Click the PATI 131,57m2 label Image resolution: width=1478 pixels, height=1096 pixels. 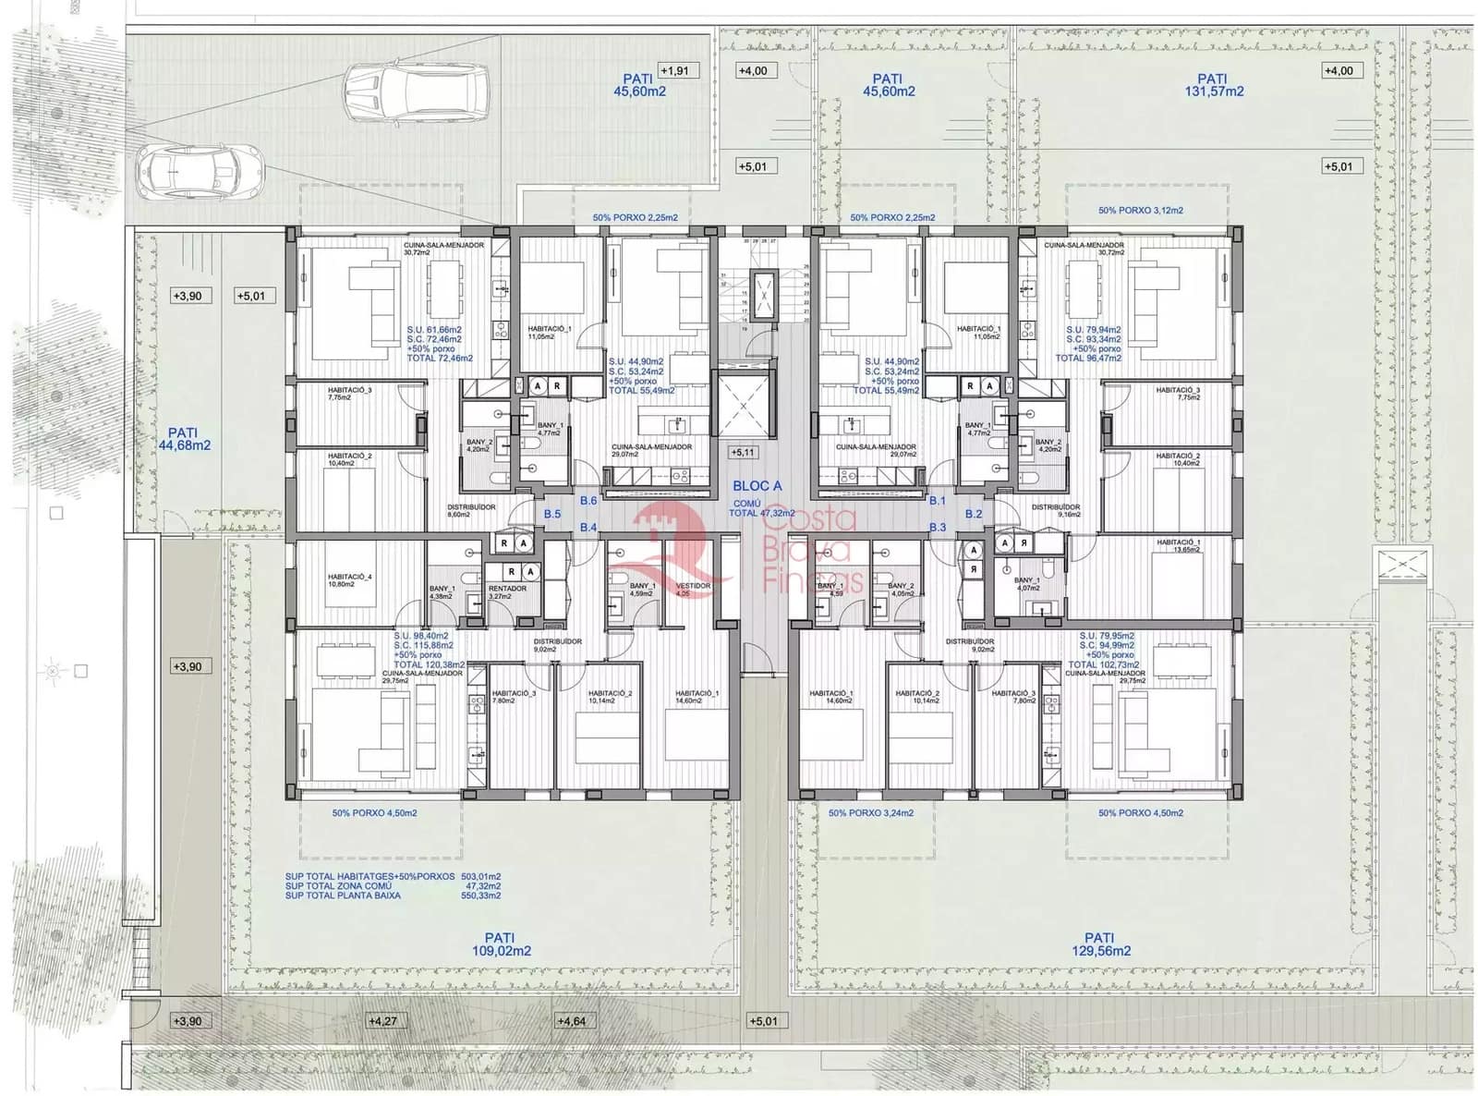[1212, 85]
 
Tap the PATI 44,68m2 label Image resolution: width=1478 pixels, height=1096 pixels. [183, 438]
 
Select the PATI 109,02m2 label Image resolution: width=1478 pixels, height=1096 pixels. [501, 944]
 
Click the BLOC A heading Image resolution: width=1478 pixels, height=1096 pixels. [757, 486]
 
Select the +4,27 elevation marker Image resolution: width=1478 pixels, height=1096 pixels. [382, 1021]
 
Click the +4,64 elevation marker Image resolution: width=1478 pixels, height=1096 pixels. [572, 1021]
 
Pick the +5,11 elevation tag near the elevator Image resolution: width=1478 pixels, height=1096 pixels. [742, 453]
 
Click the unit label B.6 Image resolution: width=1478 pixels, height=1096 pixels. [588, 501]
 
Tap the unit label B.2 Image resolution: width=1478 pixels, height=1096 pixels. [974, 514]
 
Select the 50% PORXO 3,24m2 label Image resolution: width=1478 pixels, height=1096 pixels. [870, 813]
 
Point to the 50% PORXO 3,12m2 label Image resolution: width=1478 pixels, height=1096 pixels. [1140, 211]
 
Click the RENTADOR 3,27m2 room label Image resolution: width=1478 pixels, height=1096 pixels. [507, 592]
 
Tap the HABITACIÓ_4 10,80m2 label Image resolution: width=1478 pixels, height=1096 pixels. [348, 580]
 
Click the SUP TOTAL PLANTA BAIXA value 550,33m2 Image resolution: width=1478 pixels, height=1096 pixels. [482, 895]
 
